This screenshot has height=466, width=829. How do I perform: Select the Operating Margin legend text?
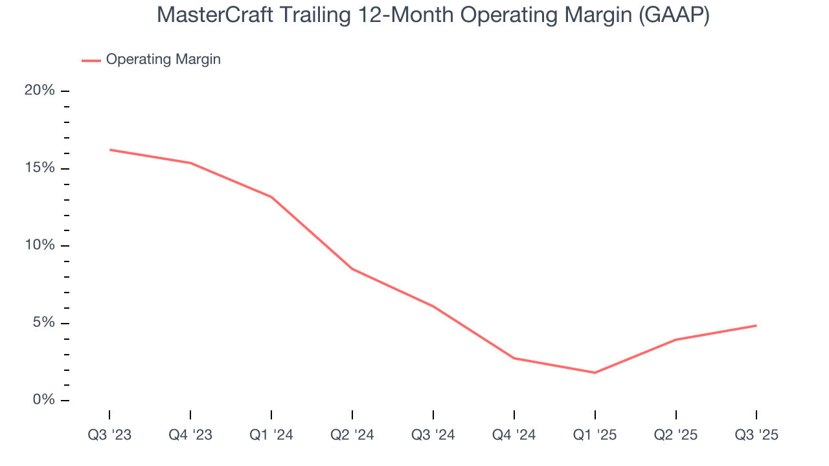tap(163, 60)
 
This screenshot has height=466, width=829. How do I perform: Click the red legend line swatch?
tap(91, 60)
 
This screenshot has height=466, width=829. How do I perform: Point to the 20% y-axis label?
tap(40, 91)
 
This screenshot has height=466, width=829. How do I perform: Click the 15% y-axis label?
tap(40, 168)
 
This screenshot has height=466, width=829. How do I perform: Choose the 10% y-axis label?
tap(40, 245)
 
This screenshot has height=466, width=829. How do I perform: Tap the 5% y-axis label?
tap(43, 323)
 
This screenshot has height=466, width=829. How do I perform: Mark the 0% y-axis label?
tap(43, 400)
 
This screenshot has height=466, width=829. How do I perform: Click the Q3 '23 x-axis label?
tap(109, 435)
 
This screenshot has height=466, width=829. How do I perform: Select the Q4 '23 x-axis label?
tap(190, 435)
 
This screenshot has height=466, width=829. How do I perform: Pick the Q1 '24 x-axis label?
tap(271, 435)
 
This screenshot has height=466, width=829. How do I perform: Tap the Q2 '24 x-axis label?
tap(352, 435)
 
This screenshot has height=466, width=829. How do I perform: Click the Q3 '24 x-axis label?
tap(433, 435)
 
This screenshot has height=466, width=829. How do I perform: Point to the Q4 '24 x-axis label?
tap(514, 435)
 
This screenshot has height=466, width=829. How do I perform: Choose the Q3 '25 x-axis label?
tap(756, 435)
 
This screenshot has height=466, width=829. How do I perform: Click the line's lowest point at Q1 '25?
tap(595, 373)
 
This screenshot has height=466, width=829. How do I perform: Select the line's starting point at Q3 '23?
tap(109, 150)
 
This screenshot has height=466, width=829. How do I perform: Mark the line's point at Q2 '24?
tap(352, 269)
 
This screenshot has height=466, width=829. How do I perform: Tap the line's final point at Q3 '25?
tap(756, 326)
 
